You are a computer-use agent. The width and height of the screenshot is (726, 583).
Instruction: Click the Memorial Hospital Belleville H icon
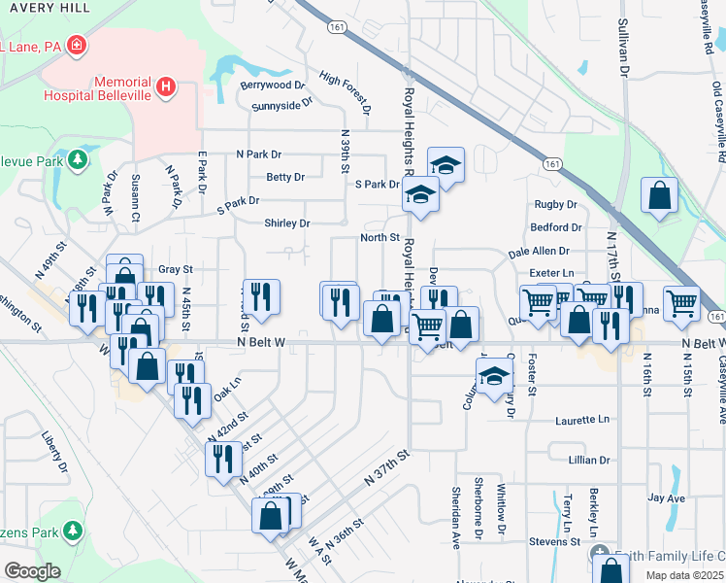[x=166, y=87]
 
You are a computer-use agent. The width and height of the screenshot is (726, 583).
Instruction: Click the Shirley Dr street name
[x=286, y=223]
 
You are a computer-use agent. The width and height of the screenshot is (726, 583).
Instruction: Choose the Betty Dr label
[x=284, y=178]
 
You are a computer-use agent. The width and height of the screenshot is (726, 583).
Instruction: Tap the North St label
[x=379, y=237]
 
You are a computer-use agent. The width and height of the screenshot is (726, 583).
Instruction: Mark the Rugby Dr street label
[x=555, y=205]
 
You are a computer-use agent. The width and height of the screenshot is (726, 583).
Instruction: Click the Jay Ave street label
[x=666, y=498]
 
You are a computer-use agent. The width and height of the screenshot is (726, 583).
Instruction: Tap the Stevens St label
[x=554, y=541]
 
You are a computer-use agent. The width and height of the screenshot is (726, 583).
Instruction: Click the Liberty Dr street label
[x=53, y=454]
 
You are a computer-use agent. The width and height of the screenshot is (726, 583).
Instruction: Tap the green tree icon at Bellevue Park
[x=77, y=159]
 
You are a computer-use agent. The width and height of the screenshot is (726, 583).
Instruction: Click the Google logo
[x=31, y=571]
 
